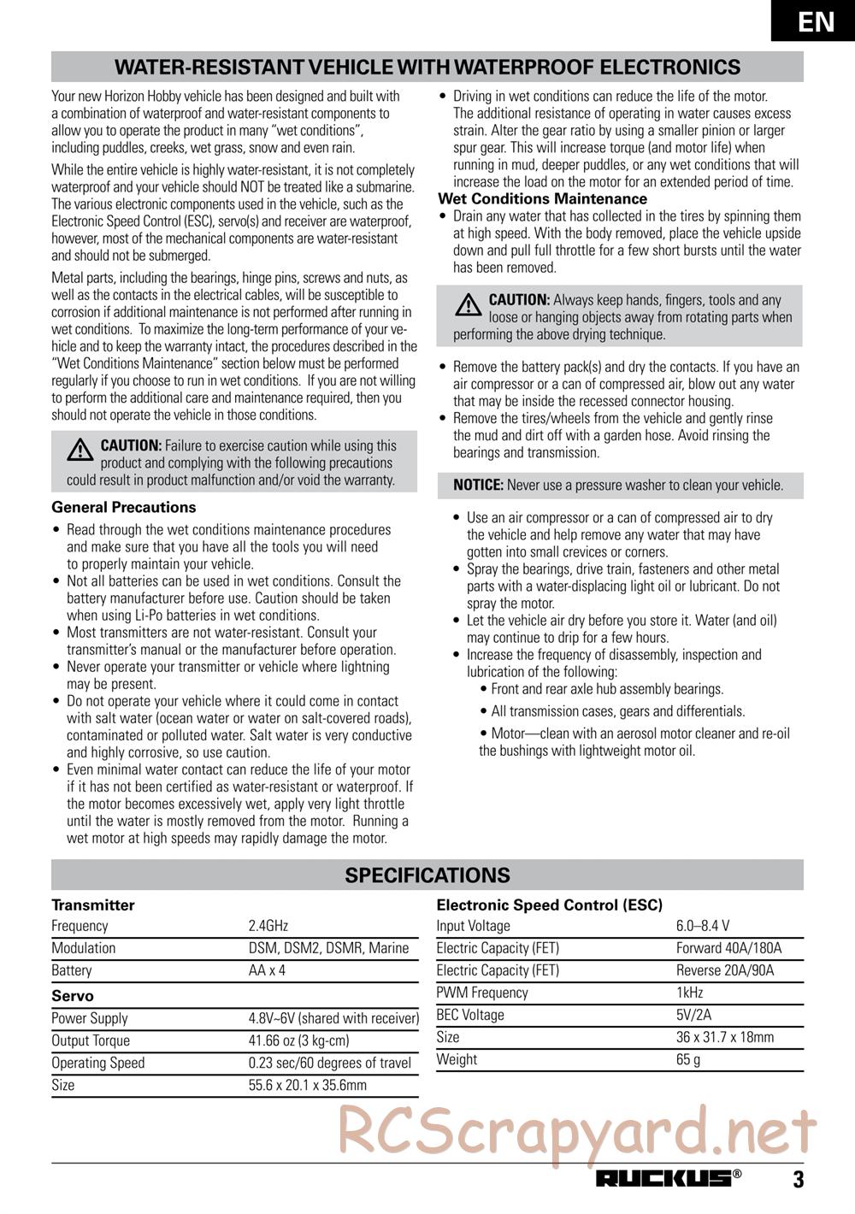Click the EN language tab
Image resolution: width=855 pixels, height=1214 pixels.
pyautogui.click(x=817, y=21)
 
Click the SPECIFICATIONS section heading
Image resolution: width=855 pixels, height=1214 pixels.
pyautogui.click(x=427, y=875)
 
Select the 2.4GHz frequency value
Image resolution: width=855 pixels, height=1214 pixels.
pyautogui.click(x=268, y=926)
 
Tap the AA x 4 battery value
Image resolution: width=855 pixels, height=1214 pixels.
pyautogui.click(x=267, y=970)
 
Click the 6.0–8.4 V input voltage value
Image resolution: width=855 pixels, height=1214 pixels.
pyautogui.click(x=702, y=926)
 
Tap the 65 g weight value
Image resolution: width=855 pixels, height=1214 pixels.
pyautogui.click(x=687, y=1059)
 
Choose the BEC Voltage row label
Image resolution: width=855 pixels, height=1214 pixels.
pyautogui.click(x=470, y=1015)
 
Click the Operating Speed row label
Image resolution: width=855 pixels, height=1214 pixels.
pyautogui.click(x=97, y=1063)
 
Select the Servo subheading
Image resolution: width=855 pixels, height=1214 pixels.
pyautogui.click(x=73, y=996)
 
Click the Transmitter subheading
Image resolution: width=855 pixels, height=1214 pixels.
pyautogui.click(x=93, y=905)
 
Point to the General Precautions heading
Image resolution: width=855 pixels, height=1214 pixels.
pyautogui.click(x=124, y=507)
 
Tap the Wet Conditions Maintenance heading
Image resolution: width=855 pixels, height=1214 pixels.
pyautogui.click(x=542, y=199)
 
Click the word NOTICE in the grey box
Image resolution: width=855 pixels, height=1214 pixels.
pyautogui.click(x=478, y=486)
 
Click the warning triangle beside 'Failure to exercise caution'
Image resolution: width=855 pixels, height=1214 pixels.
pyautogui.click(x=83, y=450)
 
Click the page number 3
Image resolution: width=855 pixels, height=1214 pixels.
pyautogui.click(x=798, y=1180)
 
